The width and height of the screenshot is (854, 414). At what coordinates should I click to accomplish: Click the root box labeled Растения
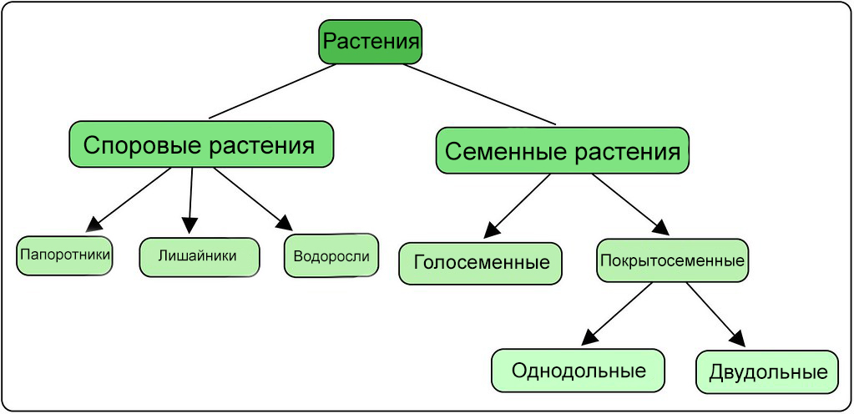click(x=371, y=42)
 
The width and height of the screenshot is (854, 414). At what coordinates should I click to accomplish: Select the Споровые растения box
click(x=201, y=144)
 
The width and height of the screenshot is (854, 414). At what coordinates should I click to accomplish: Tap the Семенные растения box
click(x=562, y=151)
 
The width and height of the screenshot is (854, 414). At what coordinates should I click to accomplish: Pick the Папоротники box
click(x=64, y=255)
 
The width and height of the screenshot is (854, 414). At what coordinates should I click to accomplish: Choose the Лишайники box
click(x=200, y=257)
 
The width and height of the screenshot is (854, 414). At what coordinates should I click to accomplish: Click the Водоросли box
click(x=331, y=255)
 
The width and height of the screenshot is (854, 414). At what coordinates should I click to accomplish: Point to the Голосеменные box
click(x=480, y=264)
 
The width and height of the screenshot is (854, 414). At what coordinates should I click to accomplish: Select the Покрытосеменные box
click(x=672, y=260)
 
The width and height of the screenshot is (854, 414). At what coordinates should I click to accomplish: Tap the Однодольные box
click(x=579, y=371)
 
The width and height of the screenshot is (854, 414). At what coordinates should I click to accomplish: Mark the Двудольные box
click(x=767, y=372)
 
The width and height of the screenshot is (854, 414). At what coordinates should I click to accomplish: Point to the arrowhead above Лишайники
click(x=189, y=225)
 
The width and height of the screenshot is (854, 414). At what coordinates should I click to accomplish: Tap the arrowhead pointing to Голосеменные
click(x=492, y=230)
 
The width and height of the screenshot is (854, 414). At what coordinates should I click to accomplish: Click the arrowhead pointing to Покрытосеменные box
click(x=660, y=226)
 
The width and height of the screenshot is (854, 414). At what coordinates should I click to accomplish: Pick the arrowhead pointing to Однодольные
click(x=589, y=336)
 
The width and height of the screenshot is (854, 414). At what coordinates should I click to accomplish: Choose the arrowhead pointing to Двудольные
click(x=737, y=338)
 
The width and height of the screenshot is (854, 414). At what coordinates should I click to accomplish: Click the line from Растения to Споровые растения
click(x=272, y=91)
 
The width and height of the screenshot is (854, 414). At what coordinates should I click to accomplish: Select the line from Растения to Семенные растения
click(x=480, y=94)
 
